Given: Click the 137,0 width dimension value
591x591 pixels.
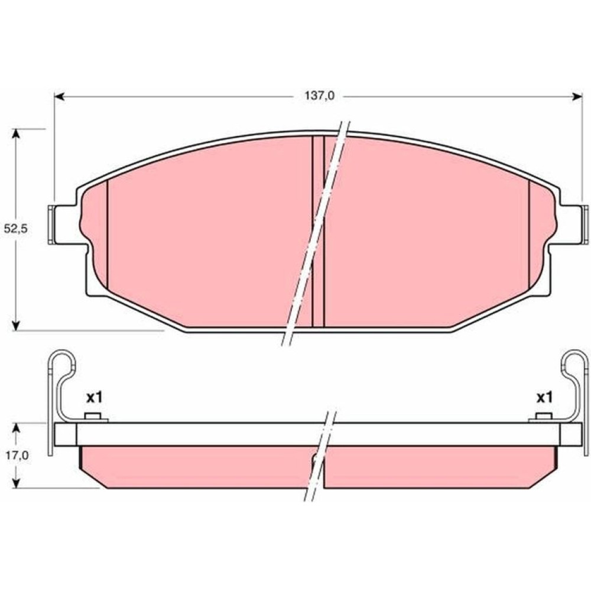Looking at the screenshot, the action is point(319,96).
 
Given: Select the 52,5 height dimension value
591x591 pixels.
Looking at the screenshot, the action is point(16,229).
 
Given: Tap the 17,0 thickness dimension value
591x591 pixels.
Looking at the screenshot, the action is point(17,455).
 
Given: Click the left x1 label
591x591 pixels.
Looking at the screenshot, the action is point(94,397).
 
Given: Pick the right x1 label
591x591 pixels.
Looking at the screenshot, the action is point(544,397).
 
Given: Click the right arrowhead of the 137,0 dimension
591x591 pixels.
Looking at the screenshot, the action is point(577,97).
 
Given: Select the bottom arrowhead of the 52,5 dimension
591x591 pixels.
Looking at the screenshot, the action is point(15,325).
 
